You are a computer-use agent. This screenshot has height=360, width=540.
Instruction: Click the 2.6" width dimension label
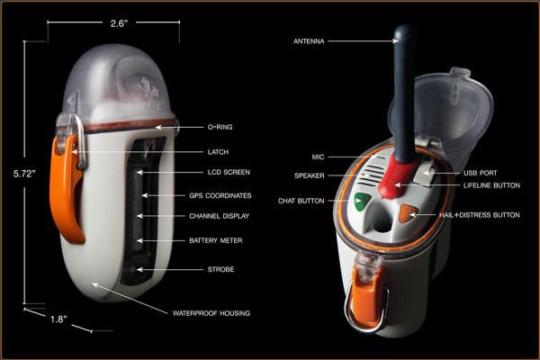(119, 23)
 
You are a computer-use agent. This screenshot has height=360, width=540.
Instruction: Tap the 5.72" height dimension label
(24, 174)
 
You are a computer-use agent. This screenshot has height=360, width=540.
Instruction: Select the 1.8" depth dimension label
(58, 319)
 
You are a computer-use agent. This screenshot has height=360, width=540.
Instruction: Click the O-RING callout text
(220, 127)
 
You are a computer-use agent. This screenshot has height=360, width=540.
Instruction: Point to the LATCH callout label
(218, 152)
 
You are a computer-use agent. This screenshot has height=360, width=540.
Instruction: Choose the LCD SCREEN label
(229, 172)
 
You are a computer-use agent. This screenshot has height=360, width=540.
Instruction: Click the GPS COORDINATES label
(220, 195)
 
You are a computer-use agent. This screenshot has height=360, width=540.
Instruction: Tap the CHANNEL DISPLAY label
(219, 216)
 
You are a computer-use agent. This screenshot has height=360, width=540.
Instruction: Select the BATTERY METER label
(216, 240)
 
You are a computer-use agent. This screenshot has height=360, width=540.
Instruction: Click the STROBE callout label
(220, 269)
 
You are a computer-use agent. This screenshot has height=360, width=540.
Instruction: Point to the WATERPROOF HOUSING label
(211, 313)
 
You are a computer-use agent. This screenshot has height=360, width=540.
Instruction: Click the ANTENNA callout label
(309, 41)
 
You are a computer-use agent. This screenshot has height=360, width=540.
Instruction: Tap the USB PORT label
(480, 173)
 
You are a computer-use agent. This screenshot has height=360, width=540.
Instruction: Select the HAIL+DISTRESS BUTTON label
(480, 215)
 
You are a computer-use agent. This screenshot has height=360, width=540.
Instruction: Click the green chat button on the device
(362, 202)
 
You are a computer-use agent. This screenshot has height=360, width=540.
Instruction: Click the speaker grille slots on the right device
(373, 173)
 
